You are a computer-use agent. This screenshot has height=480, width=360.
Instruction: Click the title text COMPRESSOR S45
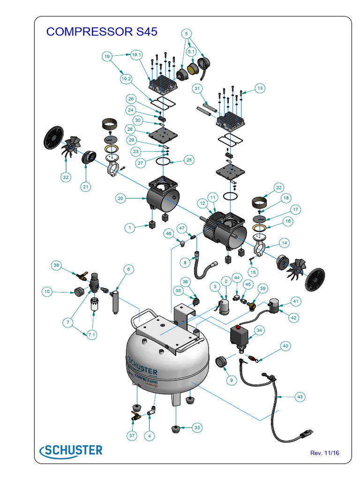click(x=102, y=32)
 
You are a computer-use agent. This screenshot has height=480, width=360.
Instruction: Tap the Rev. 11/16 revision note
click(x=324, y=453)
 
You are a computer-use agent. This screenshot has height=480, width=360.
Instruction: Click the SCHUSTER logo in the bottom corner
click(x=71, y=450)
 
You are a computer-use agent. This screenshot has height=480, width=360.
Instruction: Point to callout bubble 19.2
click(x=126, y=79)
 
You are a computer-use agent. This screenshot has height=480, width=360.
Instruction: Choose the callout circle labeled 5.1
click(x=192, y=51)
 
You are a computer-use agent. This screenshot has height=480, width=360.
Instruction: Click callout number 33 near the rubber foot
click(x=197, y=427)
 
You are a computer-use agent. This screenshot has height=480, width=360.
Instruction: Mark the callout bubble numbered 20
click(x=120, y=198)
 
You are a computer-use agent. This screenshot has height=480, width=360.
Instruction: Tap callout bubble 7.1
click(x=91, y=334)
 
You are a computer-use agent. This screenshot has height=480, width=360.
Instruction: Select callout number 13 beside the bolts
click(x=260, y=88)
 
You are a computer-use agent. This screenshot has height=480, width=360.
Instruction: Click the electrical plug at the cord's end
click(x=307, y=433)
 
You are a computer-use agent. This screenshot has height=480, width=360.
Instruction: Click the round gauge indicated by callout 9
click(x=221, y=363)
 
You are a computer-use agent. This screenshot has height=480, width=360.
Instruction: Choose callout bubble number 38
click(x=57, y=265)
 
